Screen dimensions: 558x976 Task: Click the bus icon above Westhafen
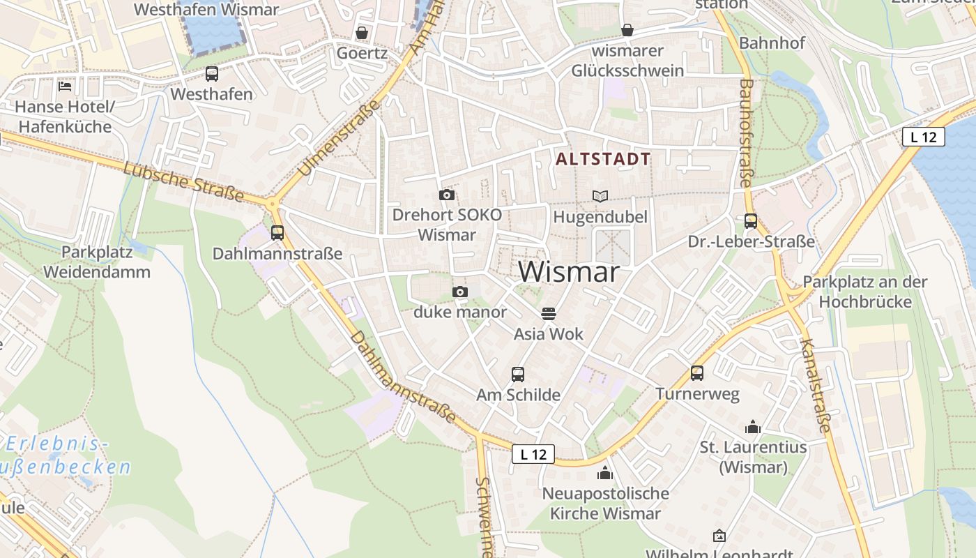pos(211,74)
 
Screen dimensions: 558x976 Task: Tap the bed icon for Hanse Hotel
pos(65,86)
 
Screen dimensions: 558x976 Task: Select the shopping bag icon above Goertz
pos(362,33)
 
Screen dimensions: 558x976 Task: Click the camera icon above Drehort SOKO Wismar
pos(447,195)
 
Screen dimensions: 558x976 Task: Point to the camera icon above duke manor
pos(460,292)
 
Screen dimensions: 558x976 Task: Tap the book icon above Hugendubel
pos(600,197)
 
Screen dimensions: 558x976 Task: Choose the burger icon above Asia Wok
pos(549,314)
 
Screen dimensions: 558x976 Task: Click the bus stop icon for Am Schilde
pos(518,375)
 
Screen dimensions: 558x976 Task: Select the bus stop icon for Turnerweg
pos(697,373)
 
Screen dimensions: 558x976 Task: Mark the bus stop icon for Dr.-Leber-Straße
pos(751,221)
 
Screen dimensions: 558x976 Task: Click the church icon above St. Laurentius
pos(753,427)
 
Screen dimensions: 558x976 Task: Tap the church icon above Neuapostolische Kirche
pos(605,474)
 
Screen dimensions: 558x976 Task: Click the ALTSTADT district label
pos(603,159)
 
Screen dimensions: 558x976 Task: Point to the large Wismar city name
pos(569,272)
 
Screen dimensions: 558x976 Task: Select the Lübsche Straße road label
pos(183,181)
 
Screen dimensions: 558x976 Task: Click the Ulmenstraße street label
pos(340,137)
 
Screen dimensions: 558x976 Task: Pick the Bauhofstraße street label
pos(745,133)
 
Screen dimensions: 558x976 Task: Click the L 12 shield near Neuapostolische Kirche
pos(533,454)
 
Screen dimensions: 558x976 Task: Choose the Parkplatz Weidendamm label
pos(97,262)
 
